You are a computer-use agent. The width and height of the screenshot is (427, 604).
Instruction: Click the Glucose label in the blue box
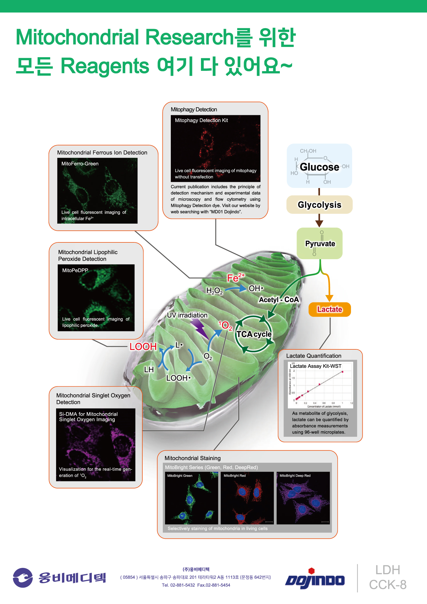point(319,167)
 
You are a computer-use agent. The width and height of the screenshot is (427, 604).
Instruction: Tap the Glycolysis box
point(319,205)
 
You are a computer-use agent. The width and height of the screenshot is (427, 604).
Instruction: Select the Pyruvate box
point(320,244)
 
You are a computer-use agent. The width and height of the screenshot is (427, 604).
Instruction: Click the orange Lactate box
point(330,309)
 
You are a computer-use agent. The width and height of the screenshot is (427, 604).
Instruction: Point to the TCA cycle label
point(254,334)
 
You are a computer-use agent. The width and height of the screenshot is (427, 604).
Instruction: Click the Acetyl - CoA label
point(279,300)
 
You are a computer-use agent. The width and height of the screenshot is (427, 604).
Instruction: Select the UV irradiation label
point(187,315)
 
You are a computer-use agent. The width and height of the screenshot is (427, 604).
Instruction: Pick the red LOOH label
point(143,347)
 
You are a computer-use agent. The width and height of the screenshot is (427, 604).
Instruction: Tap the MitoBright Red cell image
point(247,498)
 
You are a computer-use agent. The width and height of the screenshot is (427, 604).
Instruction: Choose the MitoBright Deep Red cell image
point(303,498)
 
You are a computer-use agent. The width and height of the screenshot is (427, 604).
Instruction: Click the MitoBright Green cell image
point(191,498)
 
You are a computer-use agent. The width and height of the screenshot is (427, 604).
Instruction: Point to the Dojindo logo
point(315,579)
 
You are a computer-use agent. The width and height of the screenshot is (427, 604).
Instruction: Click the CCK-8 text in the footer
point(388,585)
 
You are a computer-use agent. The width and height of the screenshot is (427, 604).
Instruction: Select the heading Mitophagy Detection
point(194,110)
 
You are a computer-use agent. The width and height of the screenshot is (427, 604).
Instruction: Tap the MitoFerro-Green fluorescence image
point(97,191)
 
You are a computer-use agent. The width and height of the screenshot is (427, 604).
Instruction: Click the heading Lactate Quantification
point(314,356)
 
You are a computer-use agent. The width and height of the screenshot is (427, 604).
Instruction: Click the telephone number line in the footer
point(196,585)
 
